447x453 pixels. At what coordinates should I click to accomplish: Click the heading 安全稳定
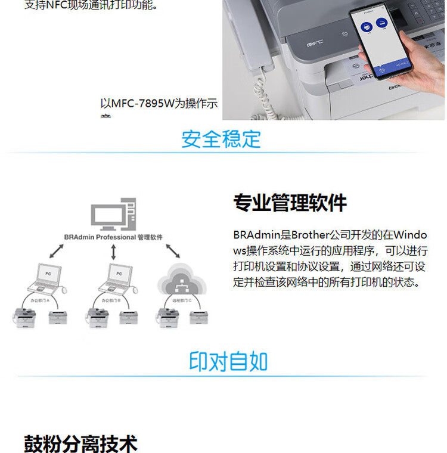(x=222, y=139)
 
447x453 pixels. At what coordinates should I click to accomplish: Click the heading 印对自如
(x=228, y=361)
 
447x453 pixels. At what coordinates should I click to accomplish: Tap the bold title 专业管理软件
(x=290, y=203)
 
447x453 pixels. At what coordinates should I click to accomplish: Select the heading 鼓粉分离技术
(x=80, y=444)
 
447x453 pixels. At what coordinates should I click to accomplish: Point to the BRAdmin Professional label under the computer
(x=113, y=237)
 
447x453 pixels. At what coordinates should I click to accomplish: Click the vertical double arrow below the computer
(x=113, y=252)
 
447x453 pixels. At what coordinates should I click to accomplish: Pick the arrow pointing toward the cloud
(x=172, y=249)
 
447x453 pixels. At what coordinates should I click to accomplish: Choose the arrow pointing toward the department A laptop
(x=57, y=251)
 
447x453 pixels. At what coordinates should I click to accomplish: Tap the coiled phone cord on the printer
(x=262, y=89)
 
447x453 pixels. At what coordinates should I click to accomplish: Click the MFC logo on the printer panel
(x=314, y=43)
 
